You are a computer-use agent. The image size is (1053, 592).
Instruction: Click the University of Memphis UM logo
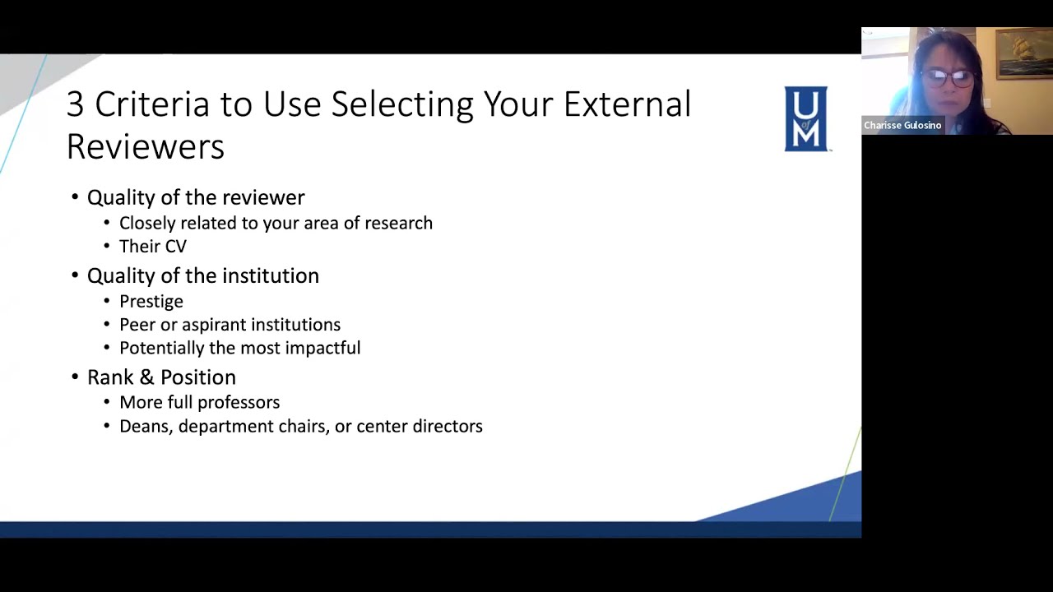(x=805, y=118)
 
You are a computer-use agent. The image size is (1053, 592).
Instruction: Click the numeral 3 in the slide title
(x=75, y=105)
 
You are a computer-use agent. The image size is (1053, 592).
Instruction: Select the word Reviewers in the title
(x=145, y=146)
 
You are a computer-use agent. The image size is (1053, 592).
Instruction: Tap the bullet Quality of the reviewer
(x=196, y=197)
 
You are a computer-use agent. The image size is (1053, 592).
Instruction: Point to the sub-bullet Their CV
(x=153, y=246)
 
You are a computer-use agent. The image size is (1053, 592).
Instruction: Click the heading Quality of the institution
(x=202, y=275)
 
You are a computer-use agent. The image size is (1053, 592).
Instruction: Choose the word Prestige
(x=151, y=301)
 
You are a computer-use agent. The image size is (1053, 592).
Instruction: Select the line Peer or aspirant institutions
(x=230, y=325)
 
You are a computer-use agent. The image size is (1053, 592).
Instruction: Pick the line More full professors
(x=199, y=402)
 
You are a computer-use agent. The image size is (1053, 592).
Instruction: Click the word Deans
(x=145, y=426)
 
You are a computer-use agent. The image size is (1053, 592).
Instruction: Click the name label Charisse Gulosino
(x=902, y=126)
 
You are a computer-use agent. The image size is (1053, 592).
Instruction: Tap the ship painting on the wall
(x=1023, y=53)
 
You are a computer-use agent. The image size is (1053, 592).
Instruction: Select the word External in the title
(x=627, y=105)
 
